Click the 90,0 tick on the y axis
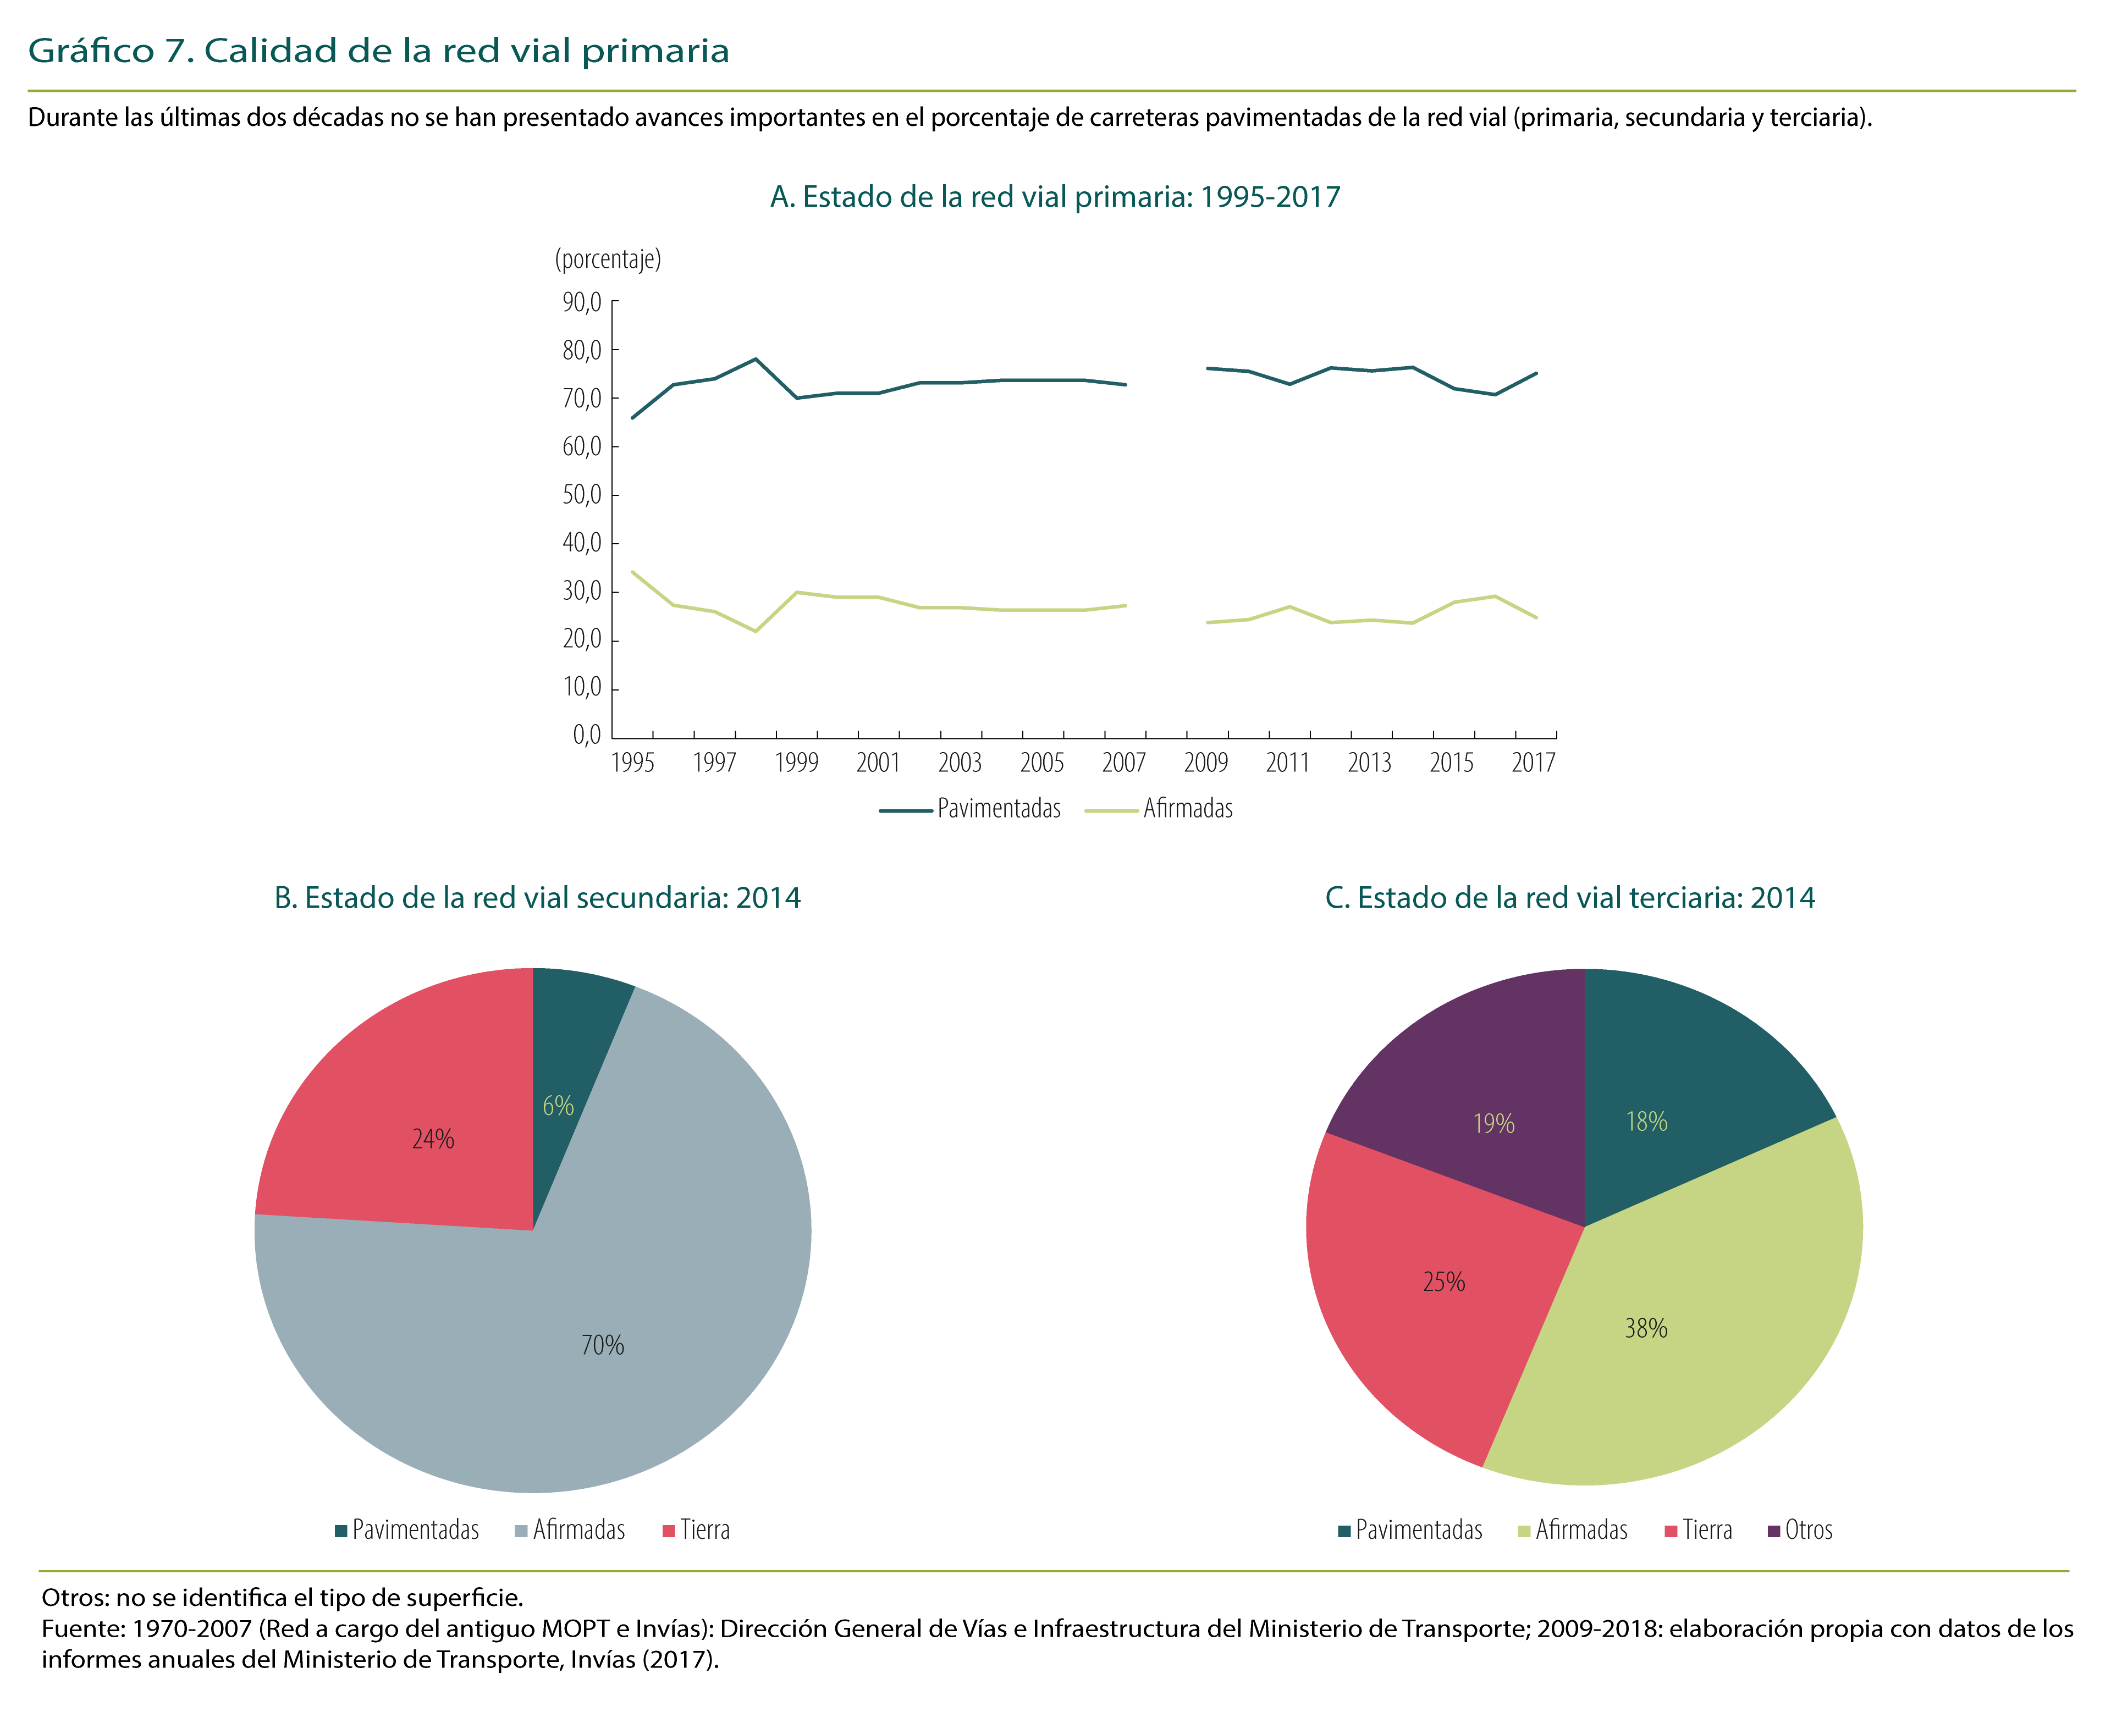point(582,302)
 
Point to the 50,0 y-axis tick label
point(582,494)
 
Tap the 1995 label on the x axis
point(632,763)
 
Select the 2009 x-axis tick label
point(1205,763)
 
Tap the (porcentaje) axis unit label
point(608,259)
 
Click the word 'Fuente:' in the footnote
point(83,1628)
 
